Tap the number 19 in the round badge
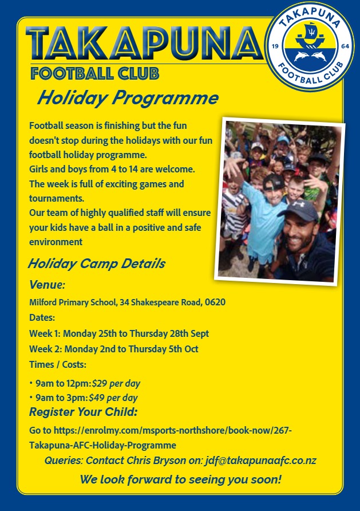pos(275,46)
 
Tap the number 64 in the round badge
pos(345,46)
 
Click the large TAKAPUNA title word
pos(145,44)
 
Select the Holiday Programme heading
pos(128,97)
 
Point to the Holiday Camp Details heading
pos(97,264)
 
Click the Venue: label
pos(47,285)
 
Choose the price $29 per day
pos(116,384)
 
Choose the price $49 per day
pos(113,398)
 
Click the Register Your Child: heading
pos(84,412)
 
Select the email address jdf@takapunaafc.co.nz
pos(260,461)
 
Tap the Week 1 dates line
pos(119,334)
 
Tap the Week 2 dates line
pos(113,349)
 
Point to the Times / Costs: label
pos(58,364)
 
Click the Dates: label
pos(42,317)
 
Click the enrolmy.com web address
pos(160,438)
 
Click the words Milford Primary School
pos(73,302)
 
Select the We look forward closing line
pos(181,479)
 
